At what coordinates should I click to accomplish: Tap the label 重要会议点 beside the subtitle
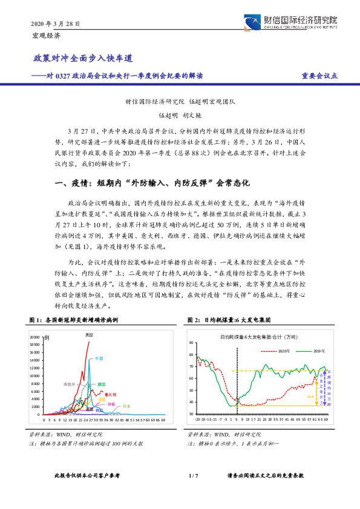[319, 76]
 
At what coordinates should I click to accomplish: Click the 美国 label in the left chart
[88, 334]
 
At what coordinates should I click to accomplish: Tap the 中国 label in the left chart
[99, 358]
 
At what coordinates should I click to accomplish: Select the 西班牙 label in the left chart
[70, 383]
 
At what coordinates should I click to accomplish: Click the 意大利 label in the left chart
[111, 393]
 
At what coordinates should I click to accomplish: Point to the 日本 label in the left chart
[126, 406]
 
